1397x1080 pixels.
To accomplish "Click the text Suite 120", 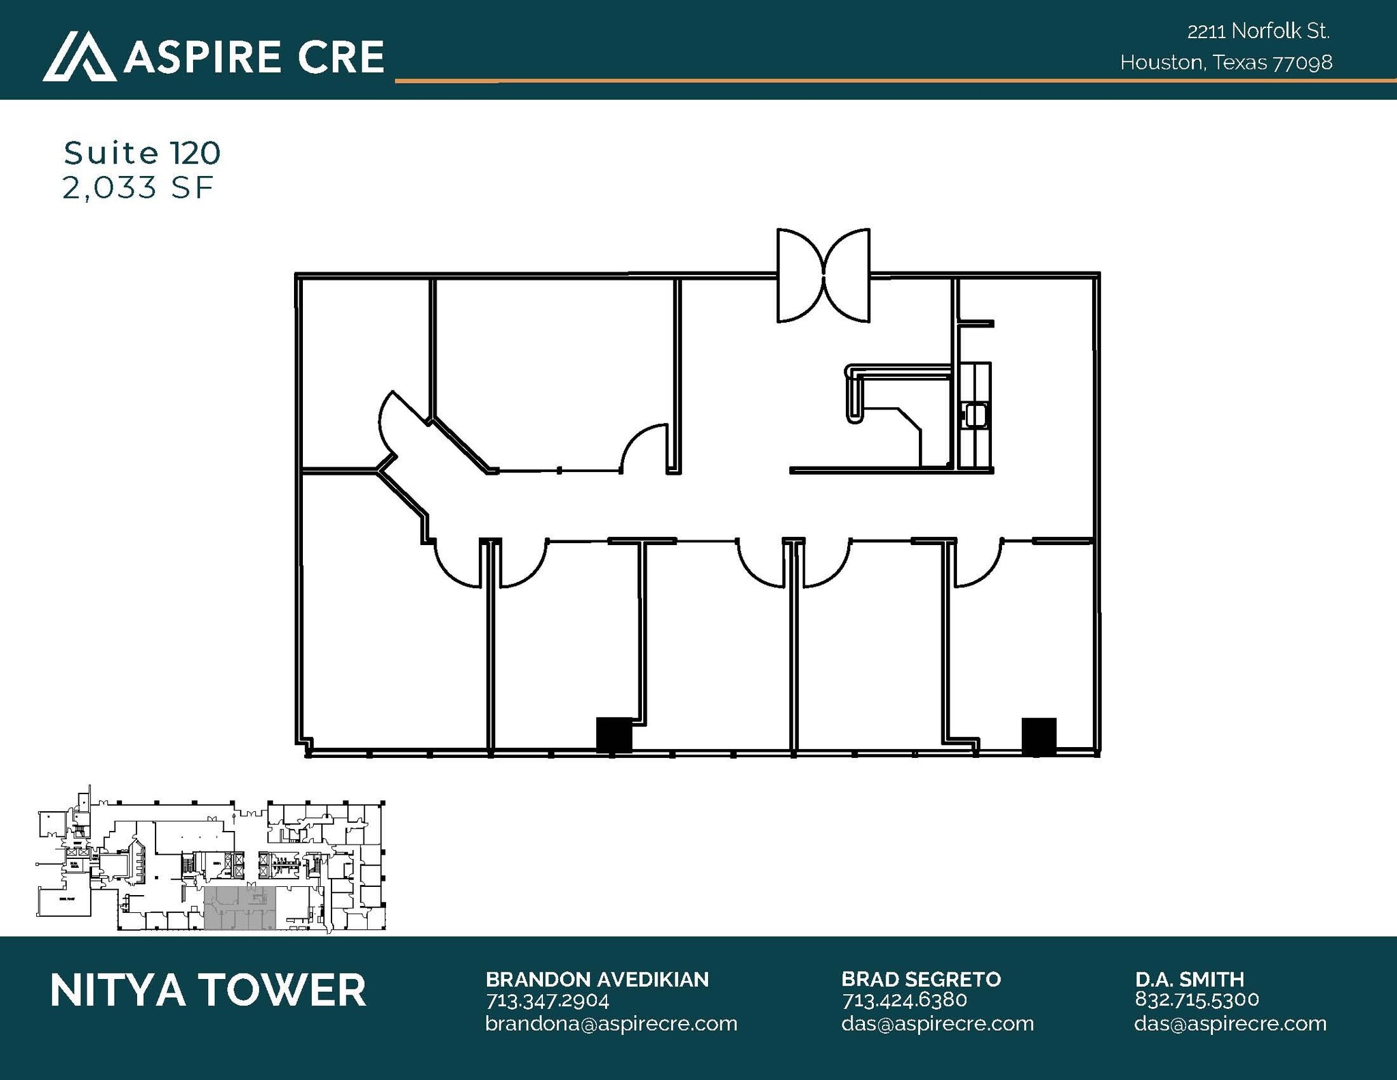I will tap(142, 153).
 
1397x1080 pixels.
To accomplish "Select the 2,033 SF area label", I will tap(138, 188).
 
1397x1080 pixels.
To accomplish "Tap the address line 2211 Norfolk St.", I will tap(1259, 31).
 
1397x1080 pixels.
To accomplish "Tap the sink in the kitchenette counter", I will tap(974, 415).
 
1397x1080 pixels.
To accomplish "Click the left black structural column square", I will tap(614, 735).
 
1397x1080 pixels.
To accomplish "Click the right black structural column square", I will tap(1038, 736).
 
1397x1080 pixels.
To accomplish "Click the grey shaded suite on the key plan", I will tap(240, 908).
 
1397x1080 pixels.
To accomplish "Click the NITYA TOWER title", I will tap(208, 991).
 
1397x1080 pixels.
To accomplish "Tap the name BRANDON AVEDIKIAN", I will tap(597, 979).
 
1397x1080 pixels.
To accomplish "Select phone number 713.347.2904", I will tap(547, 1000).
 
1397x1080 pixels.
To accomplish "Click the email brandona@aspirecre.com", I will tap(611, 1023).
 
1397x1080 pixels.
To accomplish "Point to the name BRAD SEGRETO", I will tap(921, 979).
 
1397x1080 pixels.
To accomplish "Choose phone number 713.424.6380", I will tap(905, 1000).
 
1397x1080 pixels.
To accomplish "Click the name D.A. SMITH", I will tap(1189, 979).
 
